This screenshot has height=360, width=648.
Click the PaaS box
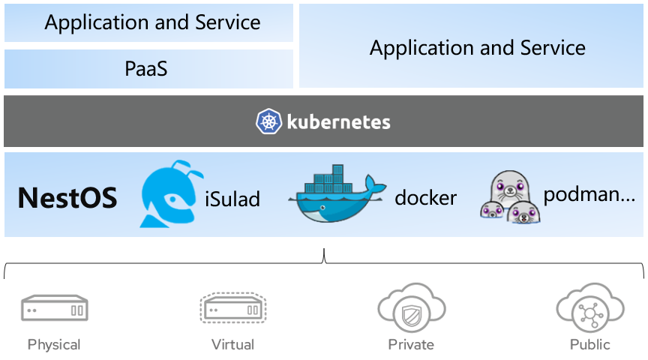coord(147,70)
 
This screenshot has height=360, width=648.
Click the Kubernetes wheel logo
coord(268,121)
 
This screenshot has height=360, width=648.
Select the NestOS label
coord(67,198)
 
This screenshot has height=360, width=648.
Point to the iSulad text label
coord(232,199)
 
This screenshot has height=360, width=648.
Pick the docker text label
coord(425,198)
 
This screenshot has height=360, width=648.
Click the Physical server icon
coord(55,308)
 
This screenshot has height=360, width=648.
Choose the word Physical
coord(54,345)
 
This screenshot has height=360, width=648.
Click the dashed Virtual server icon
coord(232,308)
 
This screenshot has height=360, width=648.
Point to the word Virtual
coord(232,345)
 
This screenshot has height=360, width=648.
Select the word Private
coord(411,345)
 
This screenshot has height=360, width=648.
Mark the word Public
coord(589,345)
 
